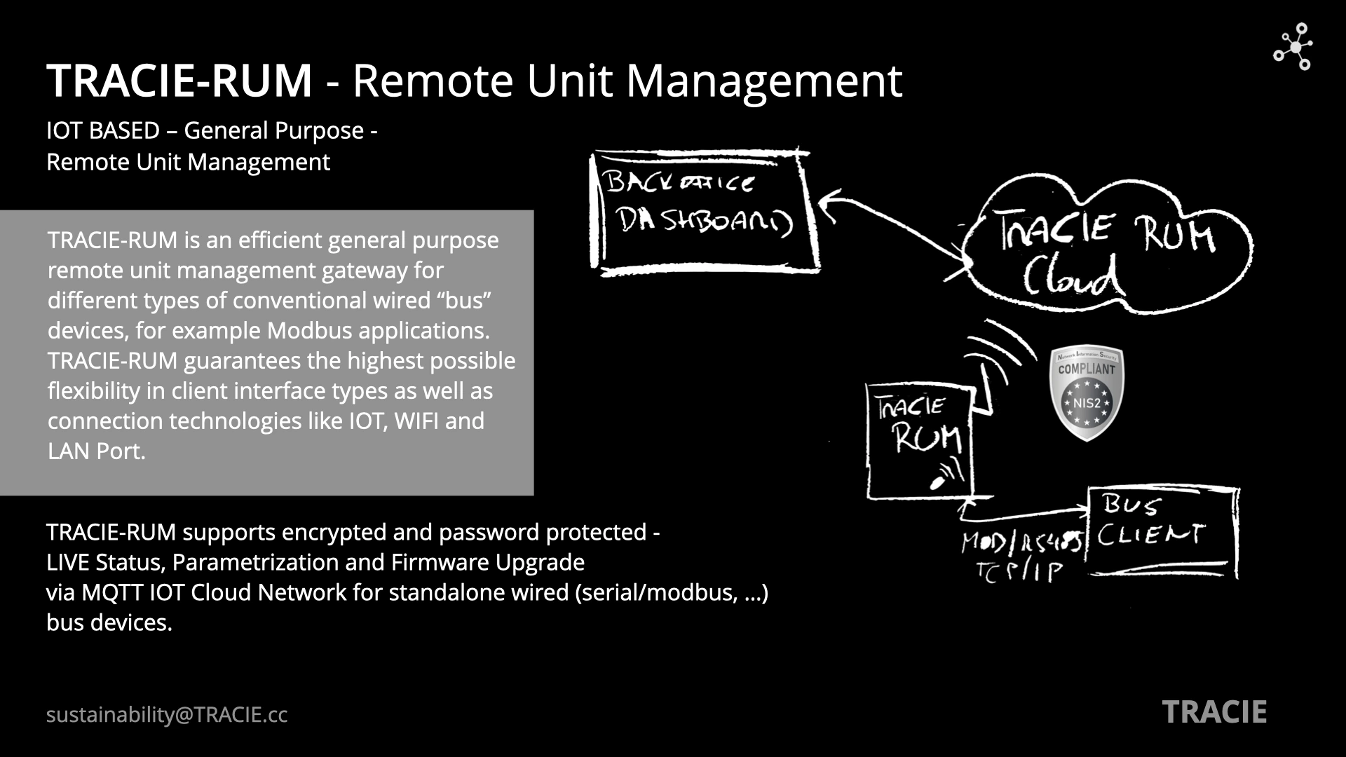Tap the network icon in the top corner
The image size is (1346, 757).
(1293, 47)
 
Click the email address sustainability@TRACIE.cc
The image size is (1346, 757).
(167, 715)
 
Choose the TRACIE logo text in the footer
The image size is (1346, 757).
(1214, 713)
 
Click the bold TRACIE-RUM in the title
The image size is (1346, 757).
(179, 80)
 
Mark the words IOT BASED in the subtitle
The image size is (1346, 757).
(103, 130)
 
